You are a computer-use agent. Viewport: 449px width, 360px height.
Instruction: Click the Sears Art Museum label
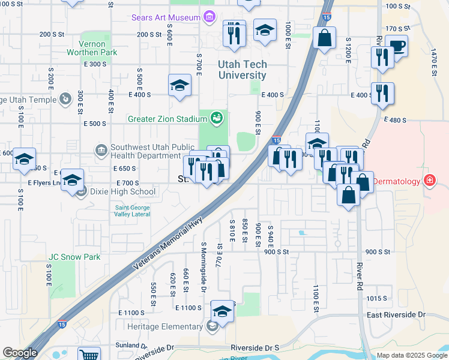[166, 17]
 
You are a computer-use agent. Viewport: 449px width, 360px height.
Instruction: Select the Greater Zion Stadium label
[167, 119]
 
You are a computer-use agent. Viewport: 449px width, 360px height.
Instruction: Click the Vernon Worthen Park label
[98, 48]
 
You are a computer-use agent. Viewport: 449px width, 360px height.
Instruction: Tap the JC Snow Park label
[74, 257]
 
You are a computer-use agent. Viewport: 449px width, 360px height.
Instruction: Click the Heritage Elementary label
[165, 326]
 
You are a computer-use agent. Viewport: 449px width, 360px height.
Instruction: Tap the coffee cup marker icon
[396, 46]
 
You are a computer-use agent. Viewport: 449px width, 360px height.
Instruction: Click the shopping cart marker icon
[88, 354]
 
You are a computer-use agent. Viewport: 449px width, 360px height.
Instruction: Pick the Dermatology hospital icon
[429, 180]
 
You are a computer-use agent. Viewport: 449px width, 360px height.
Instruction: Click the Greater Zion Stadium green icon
[217, 118]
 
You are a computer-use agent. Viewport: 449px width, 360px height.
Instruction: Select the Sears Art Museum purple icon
[208, 17]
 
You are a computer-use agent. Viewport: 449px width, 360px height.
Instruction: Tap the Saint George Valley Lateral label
[132, 211]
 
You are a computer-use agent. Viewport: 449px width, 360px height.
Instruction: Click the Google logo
[20, 353]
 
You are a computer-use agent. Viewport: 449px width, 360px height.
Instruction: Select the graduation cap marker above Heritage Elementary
[222, 311]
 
